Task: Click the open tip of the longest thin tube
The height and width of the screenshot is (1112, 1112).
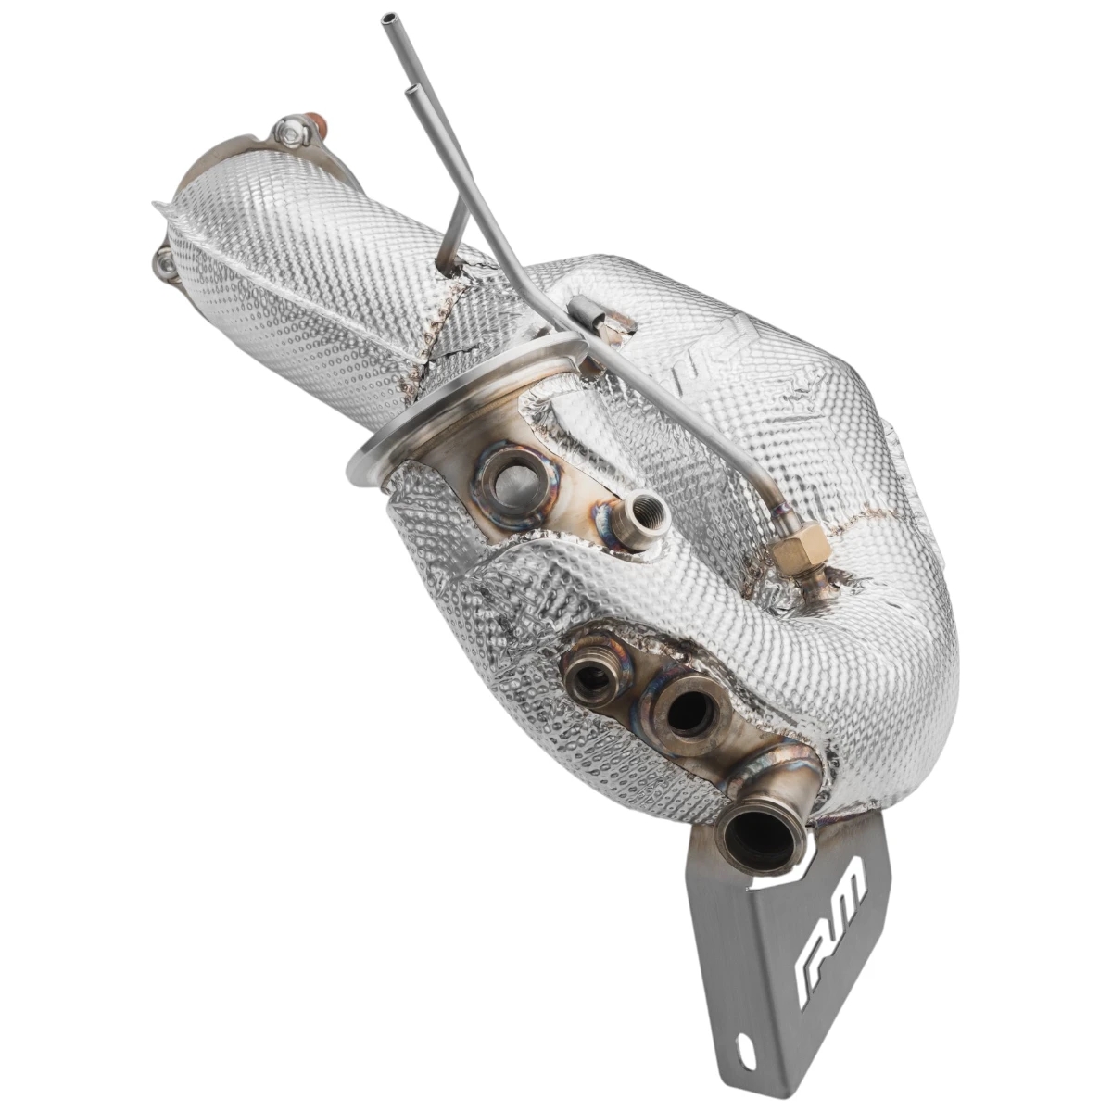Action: [385, 19]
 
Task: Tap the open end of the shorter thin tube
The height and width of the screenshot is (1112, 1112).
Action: [411, 90]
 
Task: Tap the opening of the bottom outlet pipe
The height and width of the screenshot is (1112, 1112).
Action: [760, 838]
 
